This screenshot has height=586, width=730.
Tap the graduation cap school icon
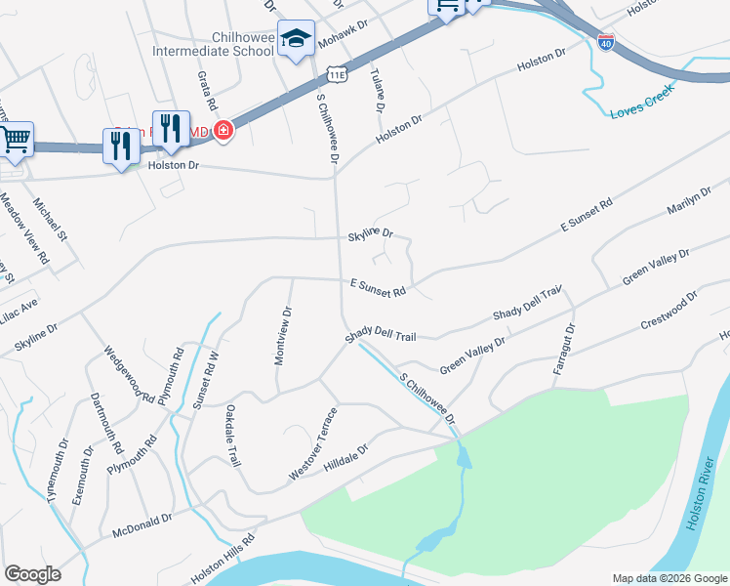pyautogui.click(x=296, y=39)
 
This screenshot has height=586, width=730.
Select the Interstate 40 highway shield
pyautogui.click(x=605, y=42)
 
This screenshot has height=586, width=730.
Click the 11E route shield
pyautogui.click(x=337, y=74)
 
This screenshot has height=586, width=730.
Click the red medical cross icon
pyautogui.click(x=223, y=129)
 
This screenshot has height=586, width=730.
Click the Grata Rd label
pyautogui.click(x=207, y=90)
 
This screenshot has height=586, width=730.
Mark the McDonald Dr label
pyautogui.click(x=142, y=525)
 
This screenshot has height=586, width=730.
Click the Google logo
pyautogui.click(x=33, y=574)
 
